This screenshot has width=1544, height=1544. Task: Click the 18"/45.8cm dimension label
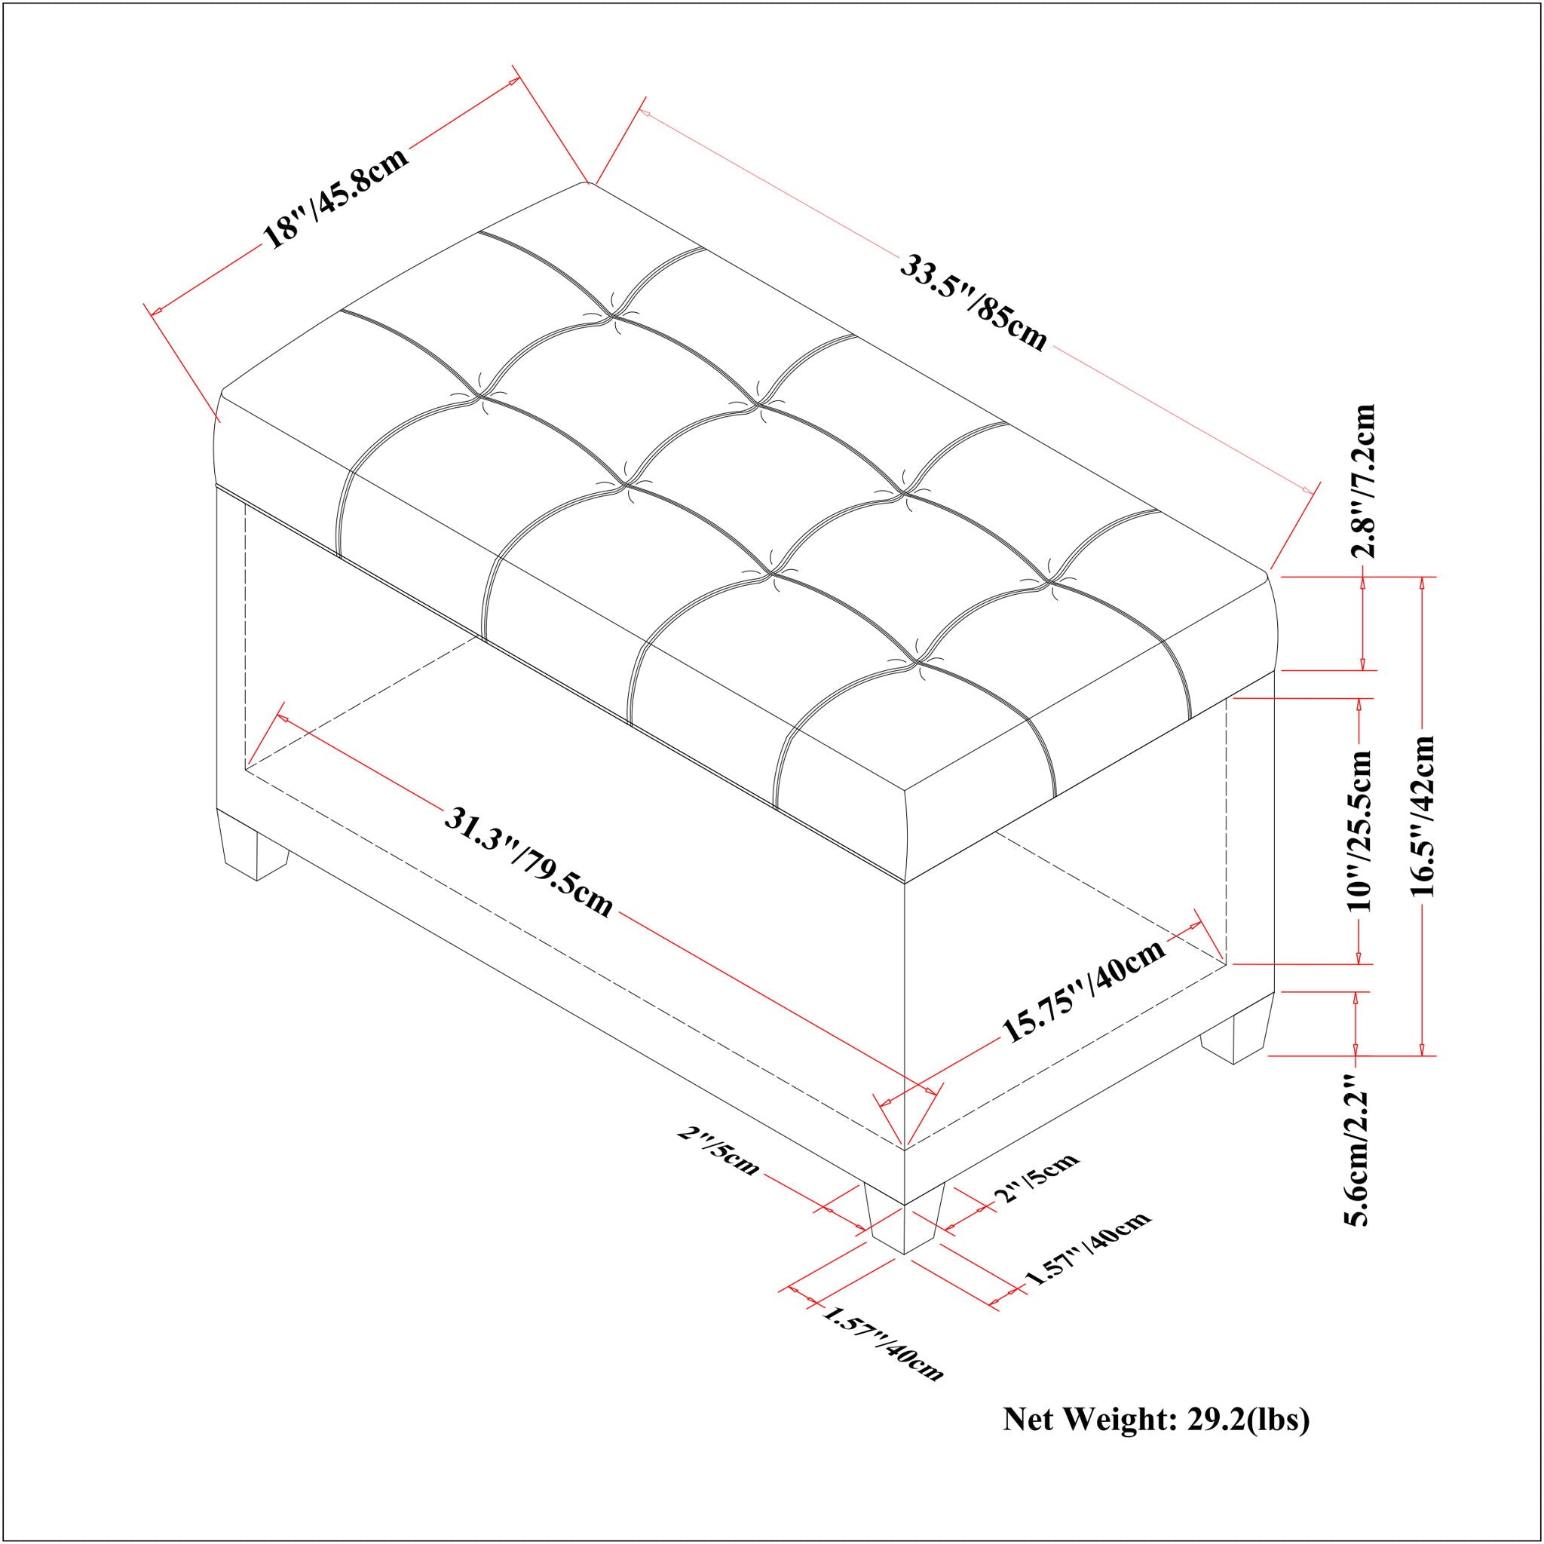(336, 197)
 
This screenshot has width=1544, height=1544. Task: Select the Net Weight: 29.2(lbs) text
(1156, 1420)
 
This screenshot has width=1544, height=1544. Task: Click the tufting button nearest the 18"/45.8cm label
(478, 395)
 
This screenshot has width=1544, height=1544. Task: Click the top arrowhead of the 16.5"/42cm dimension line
(1421, 584)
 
